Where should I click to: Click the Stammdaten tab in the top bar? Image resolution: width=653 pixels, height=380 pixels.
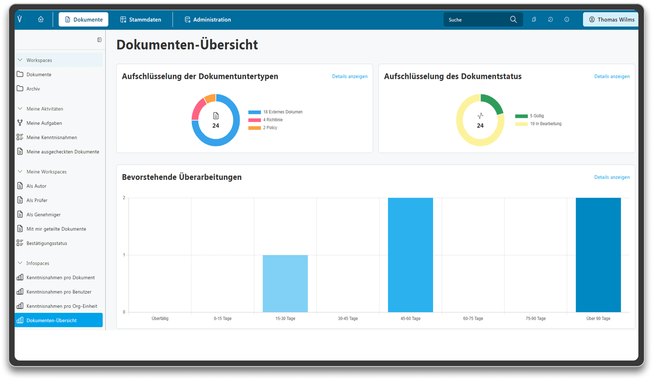tap(141, 19)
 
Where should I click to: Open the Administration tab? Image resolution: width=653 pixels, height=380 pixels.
tap(208, 19)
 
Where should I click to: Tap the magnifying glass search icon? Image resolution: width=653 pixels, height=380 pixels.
tap(513, 19)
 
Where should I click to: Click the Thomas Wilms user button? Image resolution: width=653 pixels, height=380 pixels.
tap(611, 19)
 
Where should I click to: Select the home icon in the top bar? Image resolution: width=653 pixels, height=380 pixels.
tap(41, 19)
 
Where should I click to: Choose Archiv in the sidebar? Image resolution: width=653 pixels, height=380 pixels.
tap(33, 89)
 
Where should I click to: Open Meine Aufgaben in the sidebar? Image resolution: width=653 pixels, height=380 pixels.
tap(44, 123)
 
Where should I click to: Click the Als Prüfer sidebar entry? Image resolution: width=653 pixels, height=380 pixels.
tap(37, 200)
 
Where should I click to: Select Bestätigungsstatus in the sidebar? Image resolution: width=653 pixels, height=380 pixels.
tap(47, 243)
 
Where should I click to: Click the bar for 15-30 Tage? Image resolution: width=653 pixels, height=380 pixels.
tap(285, 284)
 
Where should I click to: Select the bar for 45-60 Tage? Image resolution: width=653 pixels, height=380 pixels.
tap(410, 255)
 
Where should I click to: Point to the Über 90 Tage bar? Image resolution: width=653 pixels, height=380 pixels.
tap(598, 255)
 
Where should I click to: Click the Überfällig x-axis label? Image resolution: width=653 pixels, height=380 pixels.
tap(160, 319)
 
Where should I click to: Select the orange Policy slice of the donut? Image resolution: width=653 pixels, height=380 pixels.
tap(211, 98)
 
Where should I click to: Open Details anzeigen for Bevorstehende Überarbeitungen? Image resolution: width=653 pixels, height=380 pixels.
tap(612, 177)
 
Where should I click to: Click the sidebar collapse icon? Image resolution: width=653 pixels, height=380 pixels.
tap(99, 40)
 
